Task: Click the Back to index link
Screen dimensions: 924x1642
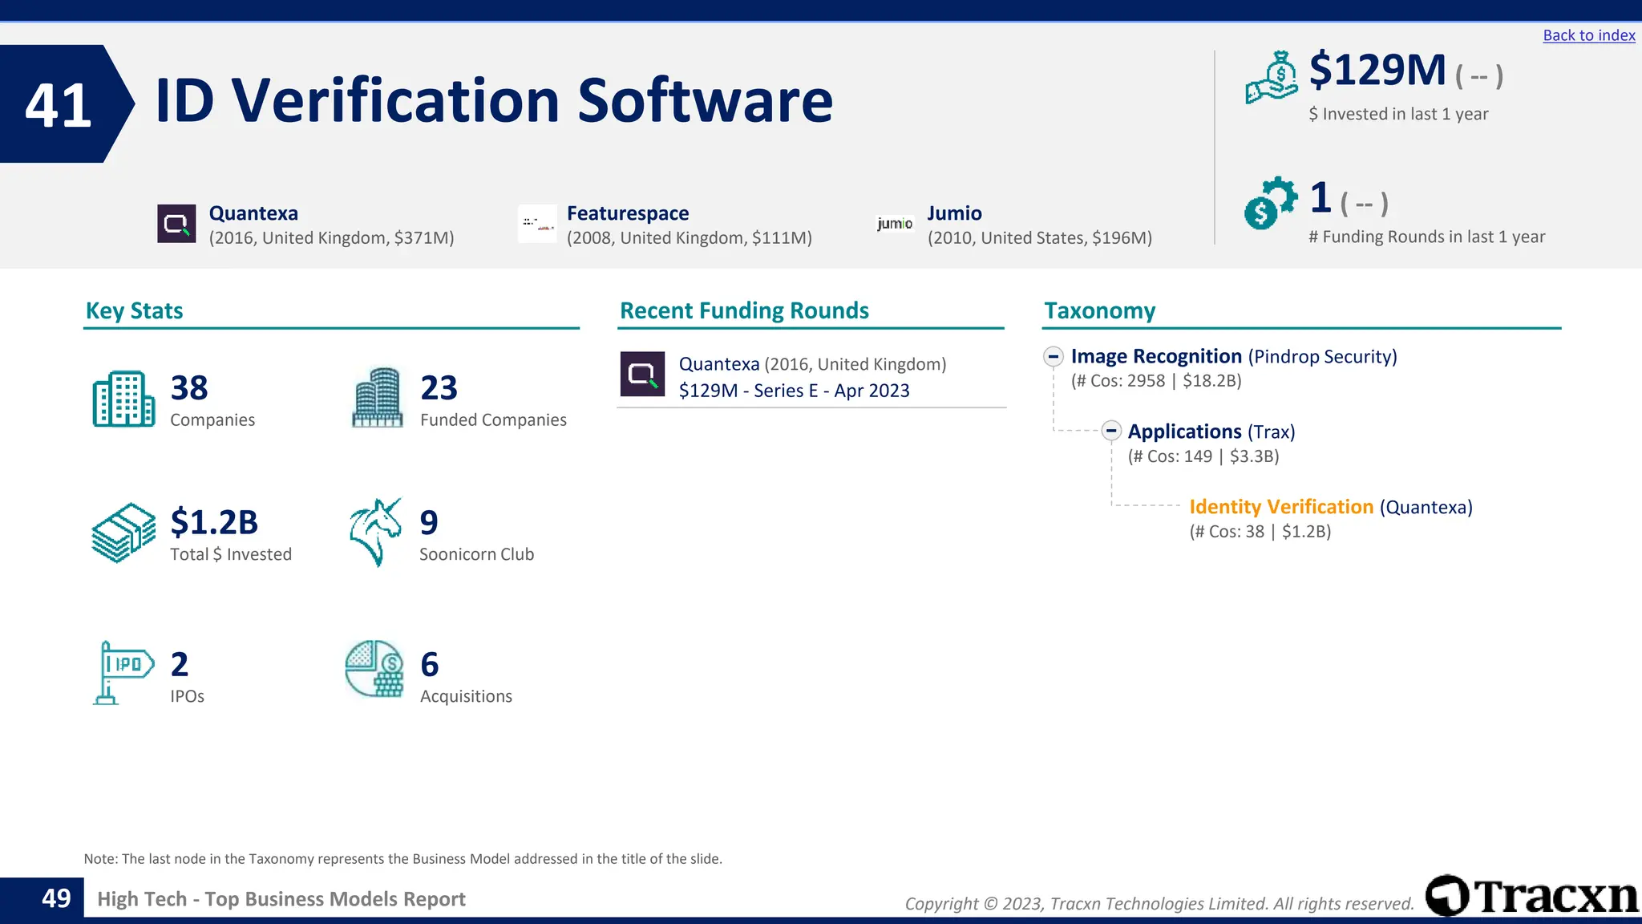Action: (1588, 35)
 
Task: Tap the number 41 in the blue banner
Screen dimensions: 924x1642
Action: (58, 105)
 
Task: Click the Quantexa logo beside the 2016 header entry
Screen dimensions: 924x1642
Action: (176, 224)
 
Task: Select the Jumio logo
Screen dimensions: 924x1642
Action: (895, 224)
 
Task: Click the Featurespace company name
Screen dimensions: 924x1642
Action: (627, 213)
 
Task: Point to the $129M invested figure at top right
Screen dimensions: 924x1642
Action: (1377, 71)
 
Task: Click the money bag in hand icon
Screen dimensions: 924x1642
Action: (1271, 78)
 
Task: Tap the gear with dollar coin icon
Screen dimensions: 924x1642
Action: (1270, 203)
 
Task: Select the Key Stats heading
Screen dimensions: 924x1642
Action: (134, 310)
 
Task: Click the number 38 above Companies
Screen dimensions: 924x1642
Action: (189, 388)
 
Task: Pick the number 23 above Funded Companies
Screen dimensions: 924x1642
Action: (439, 388)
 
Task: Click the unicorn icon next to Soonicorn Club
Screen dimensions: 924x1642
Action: (375, 533)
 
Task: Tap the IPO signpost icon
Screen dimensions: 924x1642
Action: (123, 672)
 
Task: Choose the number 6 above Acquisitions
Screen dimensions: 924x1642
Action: (430, 664)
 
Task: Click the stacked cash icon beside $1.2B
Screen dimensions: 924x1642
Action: (123, 533)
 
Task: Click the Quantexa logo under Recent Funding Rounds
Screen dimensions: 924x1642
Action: (642, 374)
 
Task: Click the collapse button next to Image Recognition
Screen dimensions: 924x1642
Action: (1054, 356)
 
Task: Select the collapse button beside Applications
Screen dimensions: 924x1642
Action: (1110, 432)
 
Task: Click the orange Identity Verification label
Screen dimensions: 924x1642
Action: (1280, 507)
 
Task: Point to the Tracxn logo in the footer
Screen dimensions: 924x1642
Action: (1531, 896)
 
